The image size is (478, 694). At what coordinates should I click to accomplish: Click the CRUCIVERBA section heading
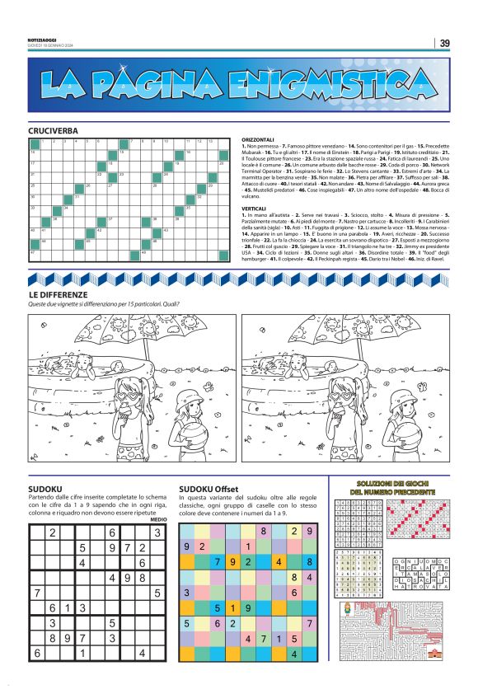click(x=54, y=131)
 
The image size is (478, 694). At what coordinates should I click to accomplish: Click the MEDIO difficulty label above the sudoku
click(x=158, y=519)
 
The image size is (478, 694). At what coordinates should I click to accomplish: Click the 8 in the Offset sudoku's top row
click(x=263, y=531)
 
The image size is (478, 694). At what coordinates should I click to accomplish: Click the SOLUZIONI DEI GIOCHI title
click(x=396, y=486)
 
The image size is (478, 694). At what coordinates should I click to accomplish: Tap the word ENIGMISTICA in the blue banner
click(x=325, y=83)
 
